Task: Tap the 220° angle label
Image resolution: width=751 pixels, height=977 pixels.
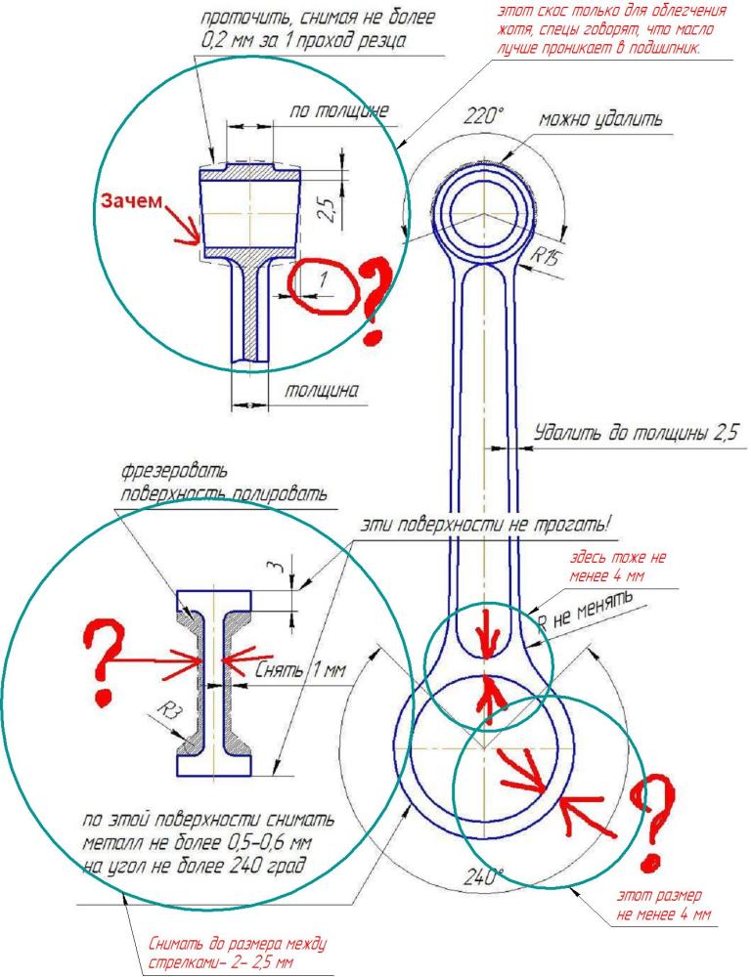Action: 482,116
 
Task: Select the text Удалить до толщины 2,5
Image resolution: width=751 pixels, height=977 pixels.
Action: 632,432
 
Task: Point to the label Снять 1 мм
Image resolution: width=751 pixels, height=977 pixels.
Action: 293,672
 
